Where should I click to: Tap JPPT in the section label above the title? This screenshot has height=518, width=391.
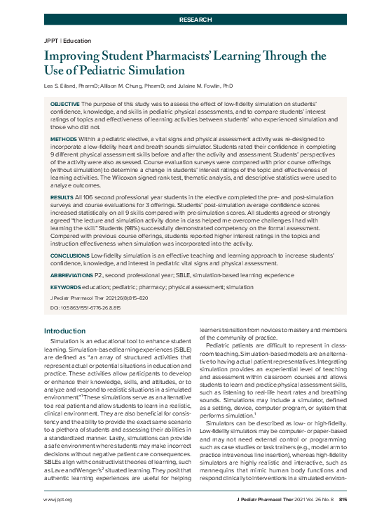click(x=51, y=41)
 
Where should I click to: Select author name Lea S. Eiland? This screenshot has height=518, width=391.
click(x=65, y=86)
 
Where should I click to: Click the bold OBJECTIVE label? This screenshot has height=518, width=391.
click(x=64, y=103)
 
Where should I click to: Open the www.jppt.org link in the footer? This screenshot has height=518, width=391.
click(x=59, y=500)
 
